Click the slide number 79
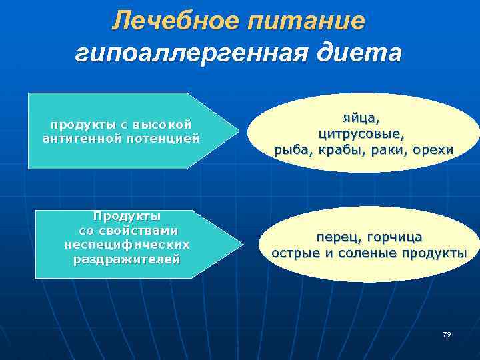point(446,334)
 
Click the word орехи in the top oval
point(431,150)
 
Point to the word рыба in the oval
point(291,150)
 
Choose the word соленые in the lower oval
point(373,253)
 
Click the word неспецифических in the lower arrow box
point(127,245)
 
